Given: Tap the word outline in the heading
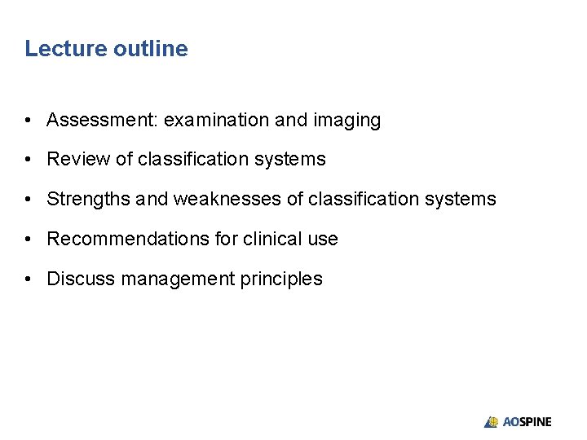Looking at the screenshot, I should pos(151,49).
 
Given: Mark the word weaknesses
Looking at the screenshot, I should pos(219,199).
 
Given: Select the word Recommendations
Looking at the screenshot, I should pos(119,239).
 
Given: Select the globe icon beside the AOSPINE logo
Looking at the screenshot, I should pos(492,422).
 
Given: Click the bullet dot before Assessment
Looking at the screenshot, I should pos(29,121).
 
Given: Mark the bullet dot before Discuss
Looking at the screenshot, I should pos(29,279).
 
